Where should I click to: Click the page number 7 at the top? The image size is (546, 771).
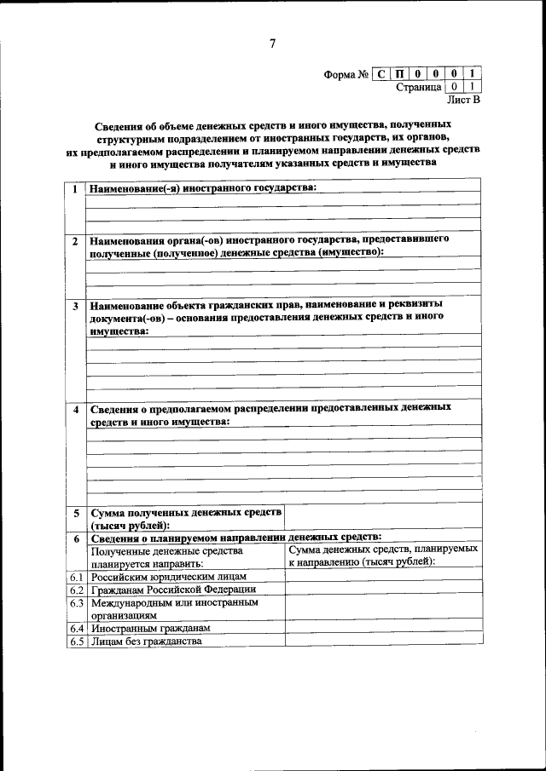coord(272,43)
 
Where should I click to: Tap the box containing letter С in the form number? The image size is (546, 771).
coord(381,74)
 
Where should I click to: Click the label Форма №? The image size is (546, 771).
coord(346,75)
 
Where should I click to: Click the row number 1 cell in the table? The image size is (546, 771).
coord(75,188)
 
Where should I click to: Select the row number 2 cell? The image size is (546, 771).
coord(75,241)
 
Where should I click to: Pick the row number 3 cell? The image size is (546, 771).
coord(75,305)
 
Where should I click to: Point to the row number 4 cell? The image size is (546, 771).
coord(75,410)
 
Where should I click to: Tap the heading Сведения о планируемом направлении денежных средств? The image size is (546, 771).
coord(235,538)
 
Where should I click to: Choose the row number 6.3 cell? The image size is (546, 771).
coord(75,602)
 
